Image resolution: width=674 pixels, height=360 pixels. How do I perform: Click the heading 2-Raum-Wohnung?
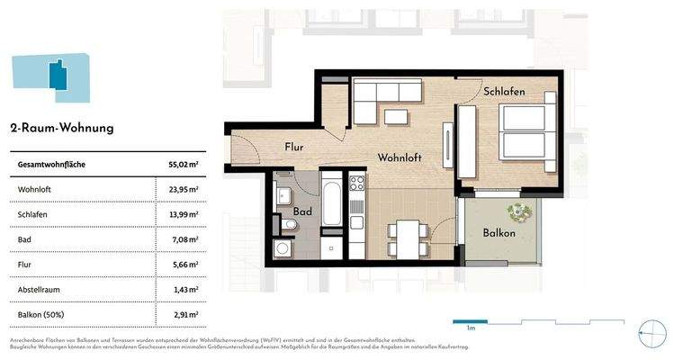coord(61,128)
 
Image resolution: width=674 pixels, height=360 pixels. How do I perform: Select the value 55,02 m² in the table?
coord(183,165)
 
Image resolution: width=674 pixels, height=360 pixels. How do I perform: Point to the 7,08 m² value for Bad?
coord(184,240)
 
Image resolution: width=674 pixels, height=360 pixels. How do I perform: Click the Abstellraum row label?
coord(42,291)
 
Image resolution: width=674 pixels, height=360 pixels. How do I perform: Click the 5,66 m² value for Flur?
coord(184,265)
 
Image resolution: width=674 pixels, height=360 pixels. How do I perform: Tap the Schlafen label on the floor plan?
coord(504,92)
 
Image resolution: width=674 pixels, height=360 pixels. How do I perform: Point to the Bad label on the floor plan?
coord(301,212)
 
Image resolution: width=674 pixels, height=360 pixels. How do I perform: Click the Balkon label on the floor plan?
coord(499,233)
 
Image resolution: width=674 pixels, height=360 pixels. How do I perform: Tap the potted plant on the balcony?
coord(519,212)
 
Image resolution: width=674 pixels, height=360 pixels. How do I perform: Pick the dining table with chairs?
coord(408,239)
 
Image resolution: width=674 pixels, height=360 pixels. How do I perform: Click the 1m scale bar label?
coord(470,329)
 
